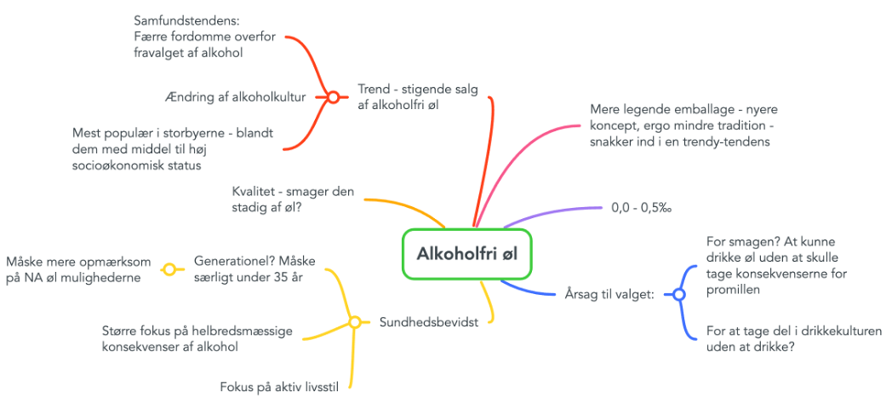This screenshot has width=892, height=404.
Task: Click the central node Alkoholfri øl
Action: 467,254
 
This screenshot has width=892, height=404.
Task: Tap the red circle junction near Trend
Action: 334,97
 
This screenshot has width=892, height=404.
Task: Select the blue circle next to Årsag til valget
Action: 678,294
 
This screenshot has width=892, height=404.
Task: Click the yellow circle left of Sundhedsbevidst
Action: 354,322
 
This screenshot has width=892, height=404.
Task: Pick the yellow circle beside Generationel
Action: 169,269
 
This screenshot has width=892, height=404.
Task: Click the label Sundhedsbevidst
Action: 428,322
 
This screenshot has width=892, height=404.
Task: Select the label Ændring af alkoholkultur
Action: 234,97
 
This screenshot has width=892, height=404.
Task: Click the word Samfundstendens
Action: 186,21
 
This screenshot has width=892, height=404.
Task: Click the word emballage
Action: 685,109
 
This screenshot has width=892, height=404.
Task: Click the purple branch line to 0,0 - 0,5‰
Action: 551,213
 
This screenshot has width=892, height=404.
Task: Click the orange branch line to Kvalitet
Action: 407,206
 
